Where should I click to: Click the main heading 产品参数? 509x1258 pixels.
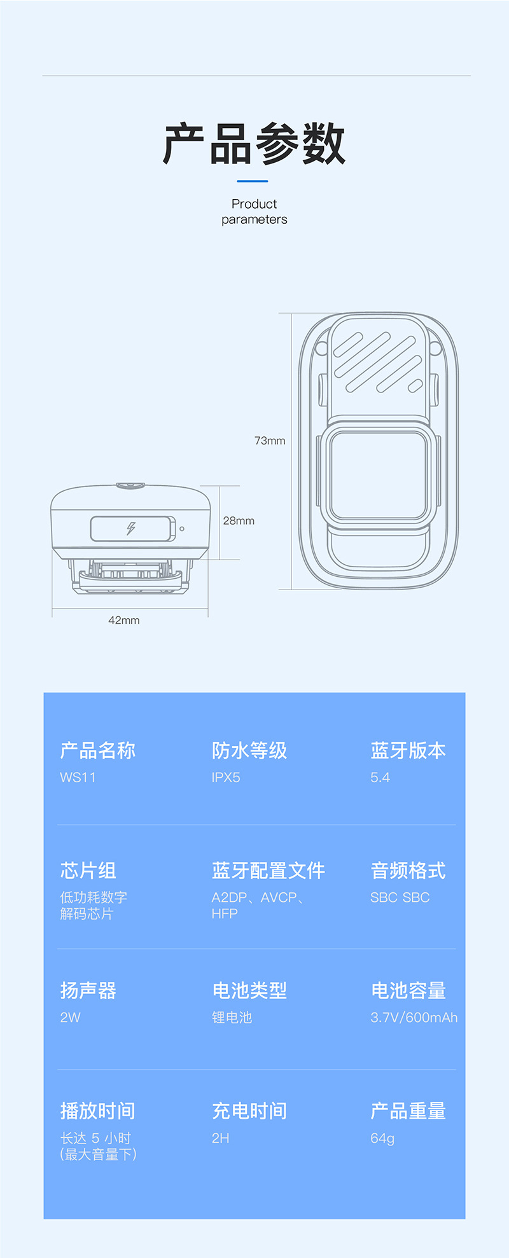click(x=254, y=144)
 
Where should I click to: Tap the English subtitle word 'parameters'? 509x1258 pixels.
click(x=254, y=219)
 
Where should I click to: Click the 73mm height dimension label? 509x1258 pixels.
click(x=270, y=441)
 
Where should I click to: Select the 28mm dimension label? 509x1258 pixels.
click(x=239, y=521)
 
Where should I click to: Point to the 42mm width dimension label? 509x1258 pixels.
click(x=124, y=620)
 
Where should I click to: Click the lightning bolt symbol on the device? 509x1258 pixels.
click(x=131, y=529)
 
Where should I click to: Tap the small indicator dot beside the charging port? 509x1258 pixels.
click(x=182, y=529)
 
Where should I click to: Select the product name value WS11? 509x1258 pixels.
click(x=78, y=777)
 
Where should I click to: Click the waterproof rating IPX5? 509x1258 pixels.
click(x=226, y=777)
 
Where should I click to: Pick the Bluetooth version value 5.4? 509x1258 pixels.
click(x=380, y=777)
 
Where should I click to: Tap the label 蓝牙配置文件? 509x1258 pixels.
click(x=268, y=871)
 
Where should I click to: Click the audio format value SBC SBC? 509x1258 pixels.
click(x=400, y=897)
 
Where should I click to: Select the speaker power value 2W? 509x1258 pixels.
click(x=70, y=1017)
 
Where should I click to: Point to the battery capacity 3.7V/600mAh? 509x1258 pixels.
click(x=414, y=1017)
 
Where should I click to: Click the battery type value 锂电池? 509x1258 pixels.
click(x=232, y=1017)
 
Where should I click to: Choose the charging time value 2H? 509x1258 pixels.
click(x=220, y=1138)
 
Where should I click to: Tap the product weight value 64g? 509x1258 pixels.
click(x=382, y=1138)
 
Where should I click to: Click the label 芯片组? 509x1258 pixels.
click(x=88, y=871)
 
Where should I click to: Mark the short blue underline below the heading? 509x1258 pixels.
click(x=252, y=181)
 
